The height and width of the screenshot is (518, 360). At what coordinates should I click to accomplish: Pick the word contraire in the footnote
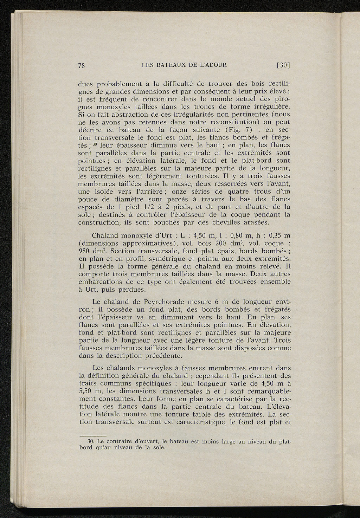click(118, 441)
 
